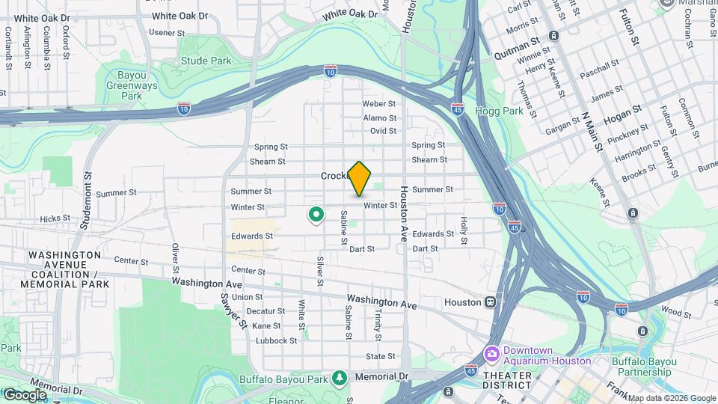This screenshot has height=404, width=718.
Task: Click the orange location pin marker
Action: click(x=360, y=177)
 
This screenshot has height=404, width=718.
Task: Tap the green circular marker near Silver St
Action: click(x=316, y=215)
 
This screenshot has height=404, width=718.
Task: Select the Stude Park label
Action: click(x=206, y=60)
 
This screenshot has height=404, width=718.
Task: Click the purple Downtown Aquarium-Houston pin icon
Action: click(x=491, y=353)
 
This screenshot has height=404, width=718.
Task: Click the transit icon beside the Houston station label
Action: click(x=491, y=302)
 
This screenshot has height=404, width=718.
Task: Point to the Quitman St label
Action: click(x=517, y=55)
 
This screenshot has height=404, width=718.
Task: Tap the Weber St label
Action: click(x=378, y=104)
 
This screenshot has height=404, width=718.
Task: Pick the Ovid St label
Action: click(x=383, y=131)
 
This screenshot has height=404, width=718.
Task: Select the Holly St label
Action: click(x=464, y=230)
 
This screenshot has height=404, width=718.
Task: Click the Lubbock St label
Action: click(x=276, y=340)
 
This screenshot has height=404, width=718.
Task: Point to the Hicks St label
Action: click(x=55, y=219)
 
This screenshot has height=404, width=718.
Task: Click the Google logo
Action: click(x=25, y=394)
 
